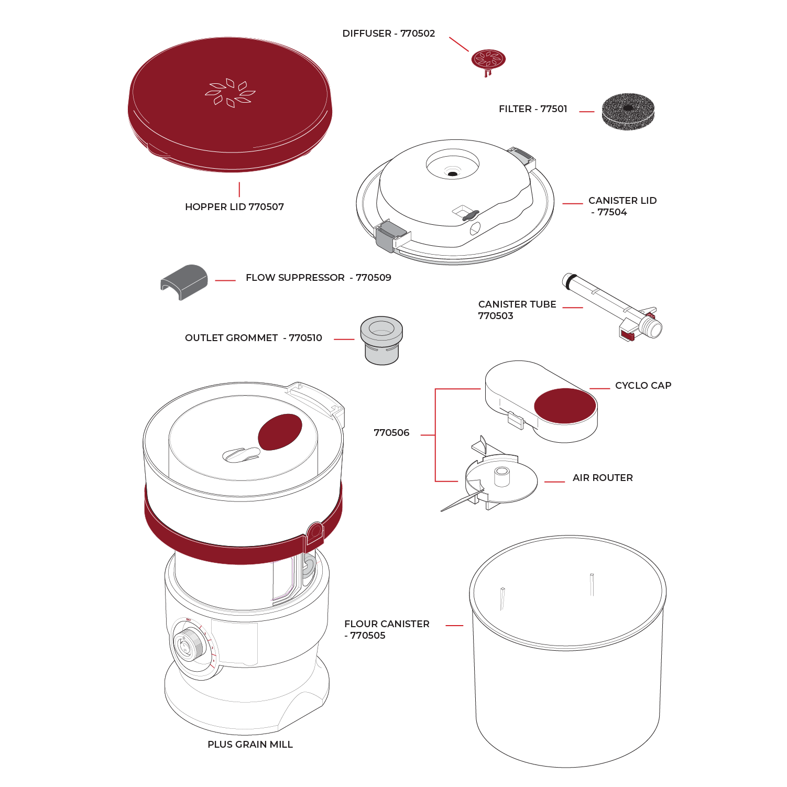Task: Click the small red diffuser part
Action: tap(488, 60)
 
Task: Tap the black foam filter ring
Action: tap(628, 111)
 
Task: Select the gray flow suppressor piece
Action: tap(184, 281)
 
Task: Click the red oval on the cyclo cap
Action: tap(565, 406)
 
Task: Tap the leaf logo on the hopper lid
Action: tap(230, 93)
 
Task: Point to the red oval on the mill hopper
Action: tap(280, 432)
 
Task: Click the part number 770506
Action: tap(391, 433)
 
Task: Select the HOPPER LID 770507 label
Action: tap(234, 207)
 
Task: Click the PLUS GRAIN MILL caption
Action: tap(250, 745)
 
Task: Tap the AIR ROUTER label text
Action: tap(603, 478)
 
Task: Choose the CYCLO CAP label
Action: tap(643, 386)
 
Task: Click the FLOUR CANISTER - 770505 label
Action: tap(387, 629)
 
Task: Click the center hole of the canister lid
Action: tap(452, 173)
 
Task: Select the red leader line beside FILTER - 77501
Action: tap(586, 112)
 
